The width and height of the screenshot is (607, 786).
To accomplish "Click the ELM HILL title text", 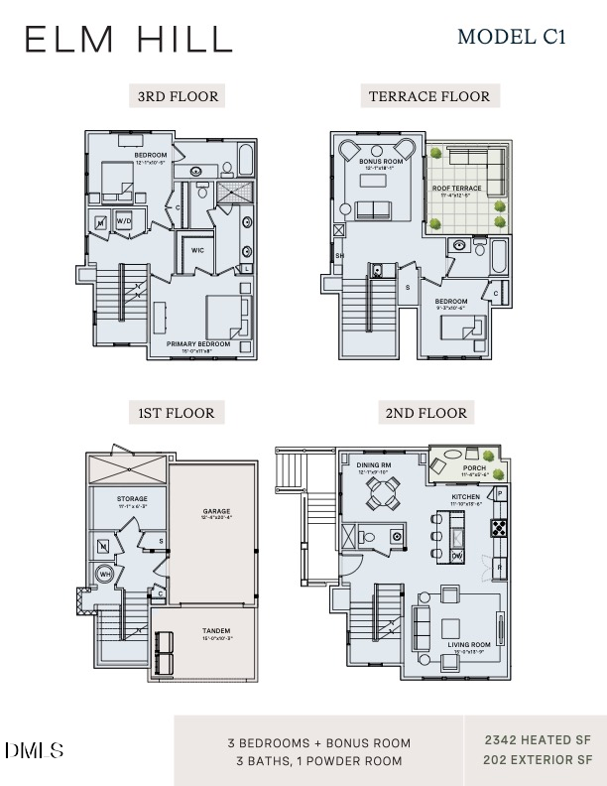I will pos(129,40).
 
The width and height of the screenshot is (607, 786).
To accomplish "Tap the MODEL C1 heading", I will pos(511,38).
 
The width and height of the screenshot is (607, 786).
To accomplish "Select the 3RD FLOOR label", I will pos(178,96).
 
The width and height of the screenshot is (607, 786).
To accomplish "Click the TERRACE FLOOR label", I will pos(429,96).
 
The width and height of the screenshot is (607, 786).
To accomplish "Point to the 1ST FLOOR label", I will pos(177,412).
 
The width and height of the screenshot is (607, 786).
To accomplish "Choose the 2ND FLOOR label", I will pos(426,412).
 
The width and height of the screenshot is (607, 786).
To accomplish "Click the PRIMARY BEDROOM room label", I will pos(198,344).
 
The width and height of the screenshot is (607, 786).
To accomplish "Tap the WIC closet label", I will pos(198,250).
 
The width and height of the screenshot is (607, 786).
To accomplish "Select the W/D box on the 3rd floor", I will pos(124,220).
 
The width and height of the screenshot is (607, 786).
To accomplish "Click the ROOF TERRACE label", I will pos(456,188).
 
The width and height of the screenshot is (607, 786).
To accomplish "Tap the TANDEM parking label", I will pos(216,631).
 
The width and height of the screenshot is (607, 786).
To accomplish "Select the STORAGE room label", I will pos(132,499).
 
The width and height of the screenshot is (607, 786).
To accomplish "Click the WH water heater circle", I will pos(104,573).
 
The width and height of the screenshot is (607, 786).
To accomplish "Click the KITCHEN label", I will pos(465,496).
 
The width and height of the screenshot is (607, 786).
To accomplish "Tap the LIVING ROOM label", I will pos(469,645).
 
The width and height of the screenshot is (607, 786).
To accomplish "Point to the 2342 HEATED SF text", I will pos(537,740).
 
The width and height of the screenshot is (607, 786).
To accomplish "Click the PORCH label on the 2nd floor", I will pos(474,468).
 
